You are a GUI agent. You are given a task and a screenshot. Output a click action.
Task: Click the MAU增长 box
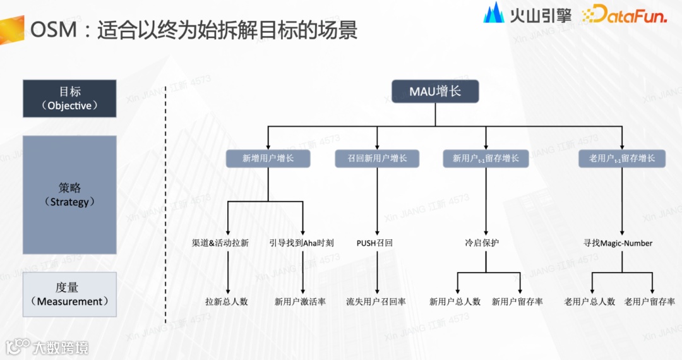tap(435, 92)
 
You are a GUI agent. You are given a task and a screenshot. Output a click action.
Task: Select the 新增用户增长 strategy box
tap(268, 159)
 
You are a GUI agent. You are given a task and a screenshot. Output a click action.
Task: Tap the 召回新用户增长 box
tap(377, 159)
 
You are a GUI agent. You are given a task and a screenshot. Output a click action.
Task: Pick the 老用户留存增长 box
tap(622, 159)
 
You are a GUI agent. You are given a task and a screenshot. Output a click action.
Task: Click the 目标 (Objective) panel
tap(69, 99)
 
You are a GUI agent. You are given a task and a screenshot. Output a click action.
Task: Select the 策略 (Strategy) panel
tap(69, 195)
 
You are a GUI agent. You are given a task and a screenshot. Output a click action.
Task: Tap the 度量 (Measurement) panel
tap(69, 294)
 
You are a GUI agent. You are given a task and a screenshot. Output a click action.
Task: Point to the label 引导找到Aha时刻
tap(301, 243)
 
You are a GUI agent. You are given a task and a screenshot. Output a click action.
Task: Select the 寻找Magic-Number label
tap(618, 243)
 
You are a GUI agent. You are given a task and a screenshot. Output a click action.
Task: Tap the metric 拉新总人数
tap(227, 302)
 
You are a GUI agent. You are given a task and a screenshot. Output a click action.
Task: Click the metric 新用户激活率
tap(300, 302)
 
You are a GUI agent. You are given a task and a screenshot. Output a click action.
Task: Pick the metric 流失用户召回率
tap(376, 302)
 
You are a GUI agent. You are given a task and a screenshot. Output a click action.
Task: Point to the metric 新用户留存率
tap(517, 302)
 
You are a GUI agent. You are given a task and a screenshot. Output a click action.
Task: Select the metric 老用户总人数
tap(590, 302)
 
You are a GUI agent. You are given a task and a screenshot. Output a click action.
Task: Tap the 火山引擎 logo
tap(527, 14)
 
